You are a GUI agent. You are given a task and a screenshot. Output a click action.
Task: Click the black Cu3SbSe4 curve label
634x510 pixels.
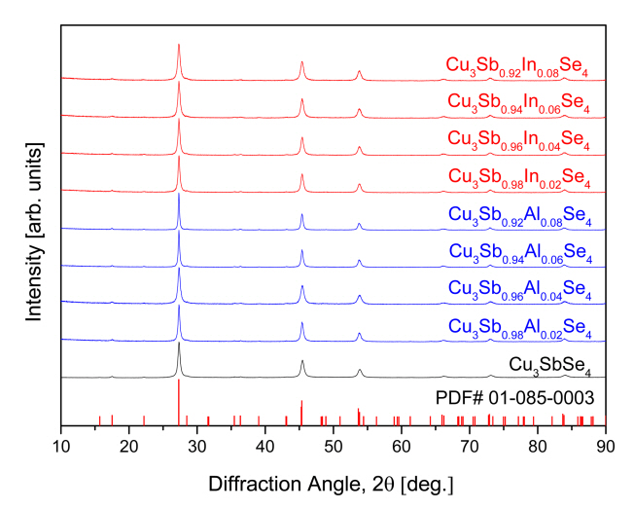(x=550, y=365)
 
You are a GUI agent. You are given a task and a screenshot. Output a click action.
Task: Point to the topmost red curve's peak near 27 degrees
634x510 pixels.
(x=179, y=45)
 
